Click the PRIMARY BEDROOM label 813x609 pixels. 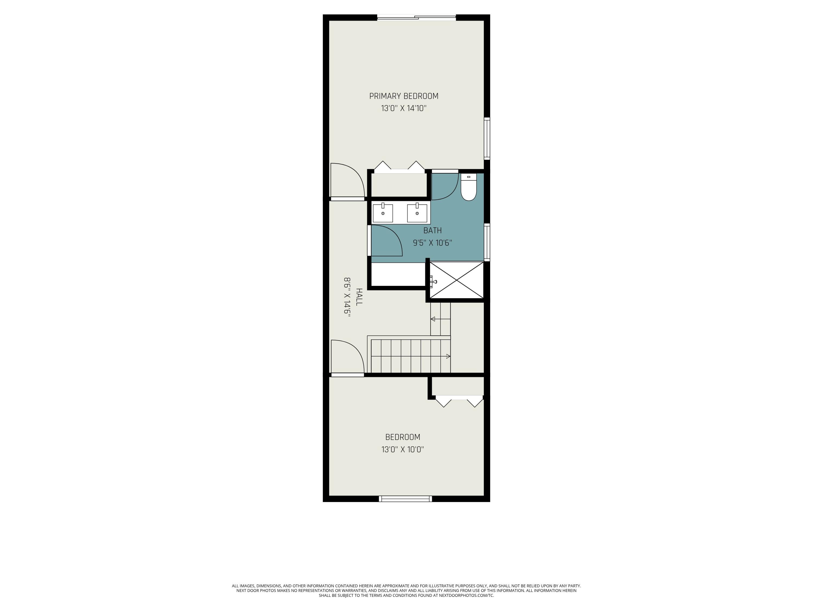tap(404, 96)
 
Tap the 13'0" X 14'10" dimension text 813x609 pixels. tap(404, 108)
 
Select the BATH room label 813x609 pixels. tap(432, 231)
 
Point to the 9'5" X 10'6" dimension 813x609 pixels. tap(432, 243)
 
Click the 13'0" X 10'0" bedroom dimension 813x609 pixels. tap(402, 449)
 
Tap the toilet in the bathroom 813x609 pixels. tap(469, 188)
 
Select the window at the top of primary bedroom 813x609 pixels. tap(417, 17)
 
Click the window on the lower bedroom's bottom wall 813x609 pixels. tap(405, 499)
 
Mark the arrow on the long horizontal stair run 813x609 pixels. tap(448, 356)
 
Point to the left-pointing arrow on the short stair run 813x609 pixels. tap(433, 319)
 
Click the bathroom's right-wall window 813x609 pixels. tap(487, 242)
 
